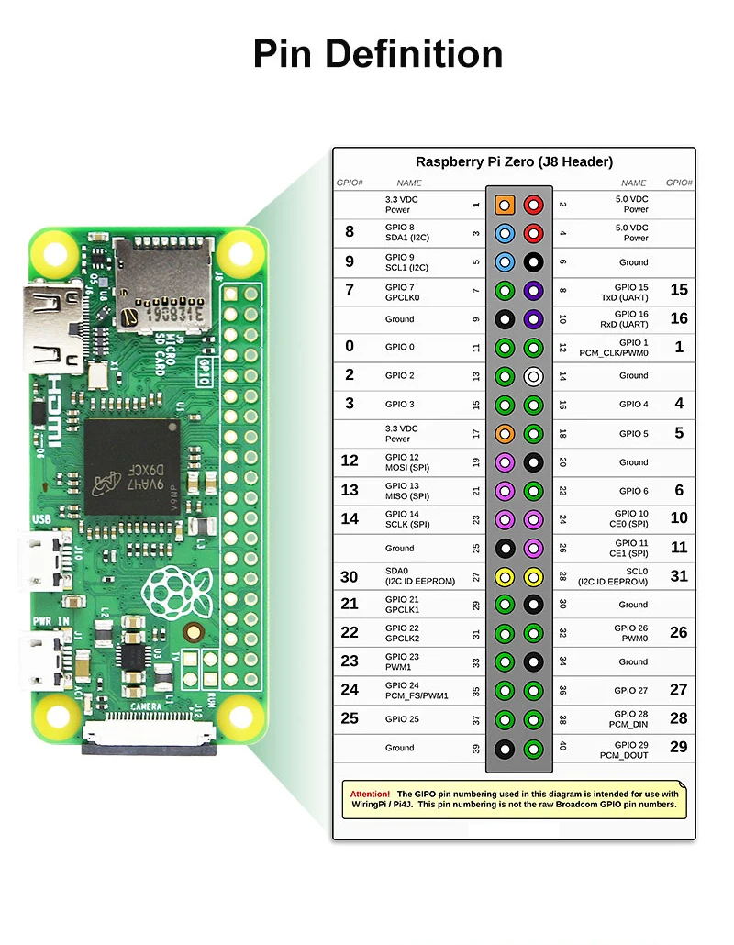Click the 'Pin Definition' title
pyautogui.click(x=377, y=53)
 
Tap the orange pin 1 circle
pyautogui.click(x=504, y=204)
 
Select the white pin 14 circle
pyautogui.click(x=533, y=376)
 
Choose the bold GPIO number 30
pyautogui.click(x=349, y=576)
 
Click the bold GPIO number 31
pyautogui.click(x=678, y=576)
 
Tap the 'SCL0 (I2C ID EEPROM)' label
pyautogui.click(x=614, y=576)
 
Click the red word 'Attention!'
pyautogui.click(x=370, y=794)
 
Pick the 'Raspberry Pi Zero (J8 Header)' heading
pyautogui.click(x=514, y=161)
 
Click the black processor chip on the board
pyautogui.click(x=131, y=466)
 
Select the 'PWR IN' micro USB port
pyautogui.click(x=50, y=658)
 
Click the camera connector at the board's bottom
pyautogui.click(x=149, y=735)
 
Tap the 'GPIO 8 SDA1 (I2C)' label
pyautogui.click(x=405, y=232)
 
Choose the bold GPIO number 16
pyautogui.click(x=678, y=318)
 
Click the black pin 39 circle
pyautogui.click(x=504, y=749)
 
